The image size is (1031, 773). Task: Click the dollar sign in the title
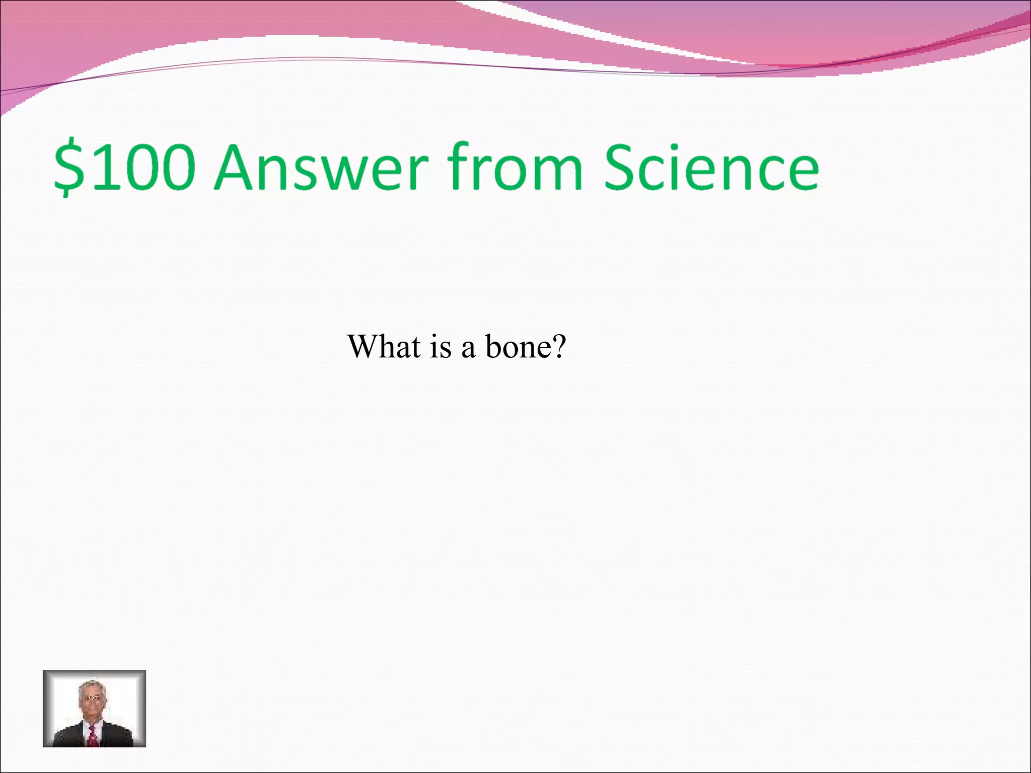click(x=69, y=168)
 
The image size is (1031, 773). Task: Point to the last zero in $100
click(x=174, y=168)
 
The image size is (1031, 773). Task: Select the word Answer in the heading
click(x=323, y=168)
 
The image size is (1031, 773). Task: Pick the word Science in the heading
click(x=711, y=168)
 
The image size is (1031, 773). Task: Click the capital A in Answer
click(x=237, y=168)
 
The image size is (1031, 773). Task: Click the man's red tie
click(x=93, y=737)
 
